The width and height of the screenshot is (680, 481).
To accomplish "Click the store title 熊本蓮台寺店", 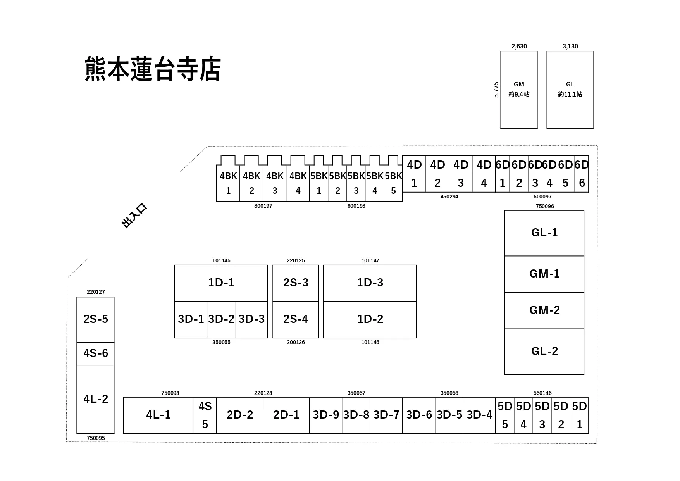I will (x=153, y=69).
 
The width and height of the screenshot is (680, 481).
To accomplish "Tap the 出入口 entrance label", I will (x=134, y=216).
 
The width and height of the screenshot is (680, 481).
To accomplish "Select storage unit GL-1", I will (x=544, y=233).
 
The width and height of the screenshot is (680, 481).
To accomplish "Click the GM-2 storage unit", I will (x=544, y=310).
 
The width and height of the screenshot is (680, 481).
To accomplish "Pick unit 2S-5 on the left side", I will (x=95, y=319).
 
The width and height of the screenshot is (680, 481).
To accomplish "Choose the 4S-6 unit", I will (x=95, y=353).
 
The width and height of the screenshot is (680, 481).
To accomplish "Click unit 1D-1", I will (x=221, y=283).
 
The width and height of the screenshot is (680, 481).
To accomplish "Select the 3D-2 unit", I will (x=221, y=319).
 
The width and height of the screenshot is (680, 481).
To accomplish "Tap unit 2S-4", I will (x=295, y=319).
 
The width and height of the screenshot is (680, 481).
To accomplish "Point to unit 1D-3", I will (x=370, y=283).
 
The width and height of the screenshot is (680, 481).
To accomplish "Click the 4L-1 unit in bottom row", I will (x=158, y=415).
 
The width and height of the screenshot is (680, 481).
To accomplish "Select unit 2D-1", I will (x=286, y=415).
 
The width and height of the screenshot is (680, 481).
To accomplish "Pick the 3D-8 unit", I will (x=356, y=415).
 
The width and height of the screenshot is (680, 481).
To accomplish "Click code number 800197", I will (x=263, y=206).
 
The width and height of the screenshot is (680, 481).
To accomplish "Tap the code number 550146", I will (x=542, y=393).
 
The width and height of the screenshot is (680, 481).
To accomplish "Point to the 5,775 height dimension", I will (x=496, y=90).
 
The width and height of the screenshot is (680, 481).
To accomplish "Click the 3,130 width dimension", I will (x=570, y=47).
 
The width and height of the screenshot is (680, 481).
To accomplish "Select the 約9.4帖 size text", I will (x=519, y=94).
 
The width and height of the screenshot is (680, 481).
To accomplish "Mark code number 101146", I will (x=370, y=342).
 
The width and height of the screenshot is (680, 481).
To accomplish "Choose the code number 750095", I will (x=96, y=438).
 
